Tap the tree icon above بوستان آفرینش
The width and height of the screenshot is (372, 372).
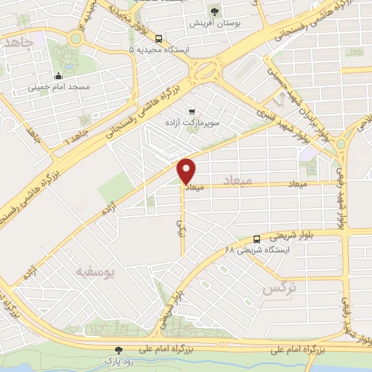point(214,11)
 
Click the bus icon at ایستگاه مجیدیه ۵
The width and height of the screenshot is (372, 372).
point(159,40)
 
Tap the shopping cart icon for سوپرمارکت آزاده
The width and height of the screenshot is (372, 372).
point(192,112)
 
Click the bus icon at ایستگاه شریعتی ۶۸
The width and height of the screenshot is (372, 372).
point(256,239)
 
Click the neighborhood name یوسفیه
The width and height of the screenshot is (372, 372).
point(95,271)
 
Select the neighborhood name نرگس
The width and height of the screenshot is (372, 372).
point(278,288)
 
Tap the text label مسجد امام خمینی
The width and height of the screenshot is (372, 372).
point(58,87)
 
